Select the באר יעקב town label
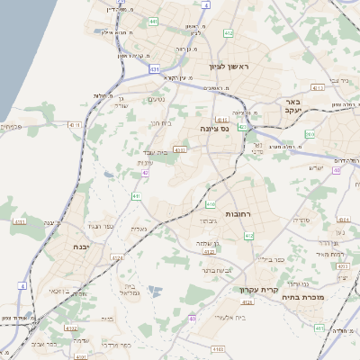(x=292, y=107)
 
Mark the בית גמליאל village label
(x=126, y=292)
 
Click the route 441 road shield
(x=136, y=196)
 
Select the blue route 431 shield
(x=155, y=68)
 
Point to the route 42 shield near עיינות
(x=145, y=172)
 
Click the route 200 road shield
(x=310, y=134)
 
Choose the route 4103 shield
(x=218, y=347)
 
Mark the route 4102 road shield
(x=71, y=328)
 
